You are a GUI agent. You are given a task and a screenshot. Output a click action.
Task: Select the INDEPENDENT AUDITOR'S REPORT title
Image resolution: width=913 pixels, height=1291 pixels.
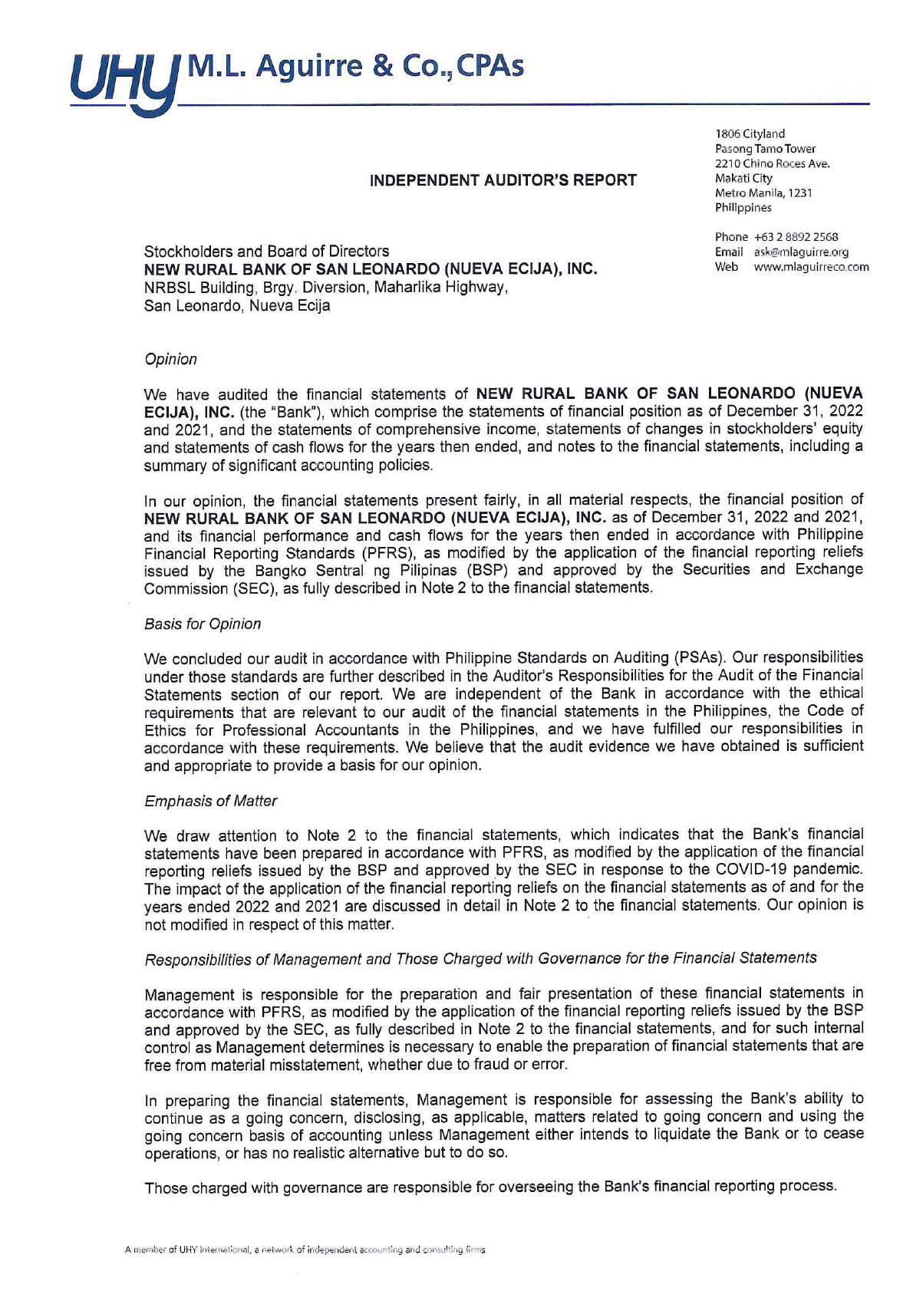coord(503,180)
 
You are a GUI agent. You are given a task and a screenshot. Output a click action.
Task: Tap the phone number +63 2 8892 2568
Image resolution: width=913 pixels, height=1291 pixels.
coord(796,237)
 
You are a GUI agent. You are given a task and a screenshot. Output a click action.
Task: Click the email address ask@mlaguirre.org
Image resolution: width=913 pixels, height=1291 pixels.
coord(800,252)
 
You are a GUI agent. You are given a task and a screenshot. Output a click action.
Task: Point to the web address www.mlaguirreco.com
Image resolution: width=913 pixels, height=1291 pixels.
coord(811,267)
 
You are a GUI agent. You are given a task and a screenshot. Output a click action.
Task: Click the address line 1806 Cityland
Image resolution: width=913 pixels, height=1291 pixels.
coord(750,133)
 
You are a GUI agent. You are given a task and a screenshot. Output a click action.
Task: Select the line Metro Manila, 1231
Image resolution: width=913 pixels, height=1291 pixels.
coord(763,193)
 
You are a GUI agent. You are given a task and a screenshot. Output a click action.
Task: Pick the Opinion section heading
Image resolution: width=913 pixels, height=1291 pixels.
coord(170,359)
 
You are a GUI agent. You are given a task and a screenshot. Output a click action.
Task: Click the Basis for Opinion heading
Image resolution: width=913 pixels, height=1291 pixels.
coord(203,624)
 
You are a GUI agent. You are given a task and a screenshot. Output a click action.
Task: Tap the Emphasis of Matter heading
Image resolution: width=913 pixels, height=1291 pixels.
coord(210,801)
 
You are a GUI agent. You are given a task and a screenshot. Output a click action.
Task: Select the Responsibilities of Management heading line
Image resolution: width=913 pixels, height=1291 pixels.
coord(480,959)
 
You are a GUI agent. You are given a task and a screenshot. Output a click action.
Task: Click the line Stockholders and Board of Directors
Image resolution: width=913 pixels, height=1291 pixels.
coord(266,251)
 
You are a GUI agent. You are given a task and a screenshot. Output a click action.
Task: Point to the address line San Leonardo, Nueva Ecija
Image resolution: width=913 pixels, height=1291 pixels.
coord(237,305)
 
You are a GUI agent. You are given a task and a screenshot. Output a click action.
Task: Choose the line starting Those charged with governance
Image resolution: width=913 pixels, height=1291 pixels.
coord(490,1187)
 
